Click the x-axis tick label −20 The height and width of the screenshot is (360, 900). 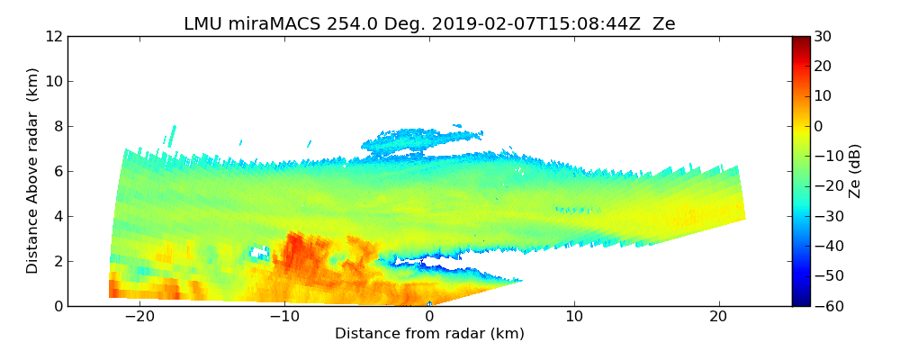point(139,317)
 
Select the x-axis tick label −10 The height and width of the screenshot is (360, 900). point(284,317)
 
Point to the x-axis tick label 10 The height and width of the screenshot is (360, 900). point(574,317)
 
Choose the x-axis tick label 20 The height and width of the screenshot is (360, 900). point(718,317)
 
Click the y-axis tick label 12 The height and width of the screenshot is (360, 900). point(54,37)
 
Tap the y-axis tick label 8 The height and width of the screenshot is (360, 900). point(58,127)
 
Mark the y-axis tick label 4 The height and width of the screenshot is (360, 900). point(58,217)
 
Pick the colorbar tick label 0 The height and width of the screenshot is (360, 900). point(819,127)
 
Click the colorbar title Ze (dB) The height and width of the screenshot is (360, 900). point(856,171)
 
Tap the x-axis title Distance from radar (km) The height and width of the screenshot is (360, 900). point(429,334)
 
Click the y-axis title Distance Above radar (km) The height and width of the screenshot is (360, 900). point(33,171)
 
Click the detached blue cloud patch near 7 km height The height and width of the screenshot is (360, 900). point(418,139)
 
